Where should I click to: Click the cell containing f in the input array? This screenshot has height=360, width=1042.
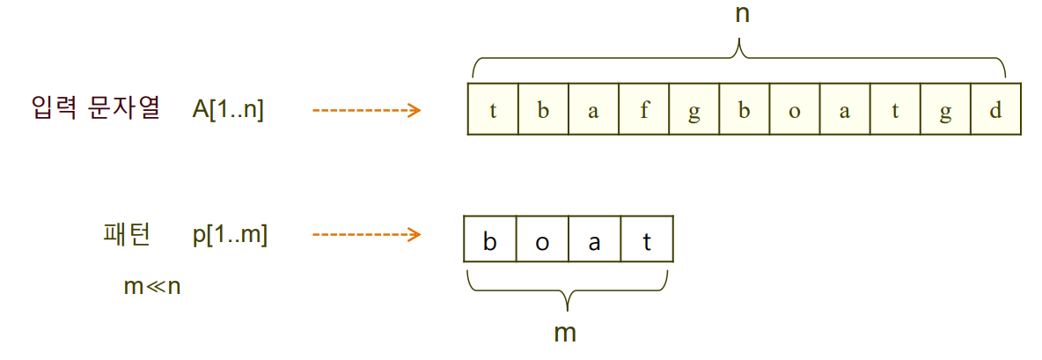643,109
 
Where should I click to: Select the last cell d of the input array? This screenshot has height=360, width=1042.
995,109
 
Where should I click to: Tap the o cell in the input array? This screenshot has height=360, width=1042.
794,109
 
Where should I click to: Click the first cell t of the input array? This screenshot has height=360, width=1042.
493,109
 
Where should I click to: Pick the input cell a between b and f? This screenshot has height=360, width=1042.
593,109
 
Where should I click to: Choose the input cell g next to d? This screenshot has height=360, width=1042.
946,109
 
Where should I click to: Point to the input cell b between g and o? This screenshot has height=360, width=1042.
744,109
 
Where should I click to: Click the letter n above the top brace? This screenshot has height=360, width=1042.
742,16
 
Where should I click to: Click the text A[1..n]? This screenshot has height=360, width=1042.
228,110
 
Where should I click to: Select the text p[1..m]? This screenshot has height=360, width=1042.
231,235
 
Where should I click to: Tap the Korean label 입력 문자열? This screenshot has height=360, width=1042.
95,108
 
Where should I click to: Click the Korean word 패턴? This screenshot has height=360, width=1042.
127,234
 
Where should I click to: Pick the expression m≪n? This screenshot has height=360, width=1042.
152,287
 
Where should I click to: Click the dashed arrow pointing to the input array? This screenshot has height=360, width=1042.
367,110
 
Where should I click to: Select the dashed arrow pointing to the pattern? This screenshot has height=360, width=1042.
367,235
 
